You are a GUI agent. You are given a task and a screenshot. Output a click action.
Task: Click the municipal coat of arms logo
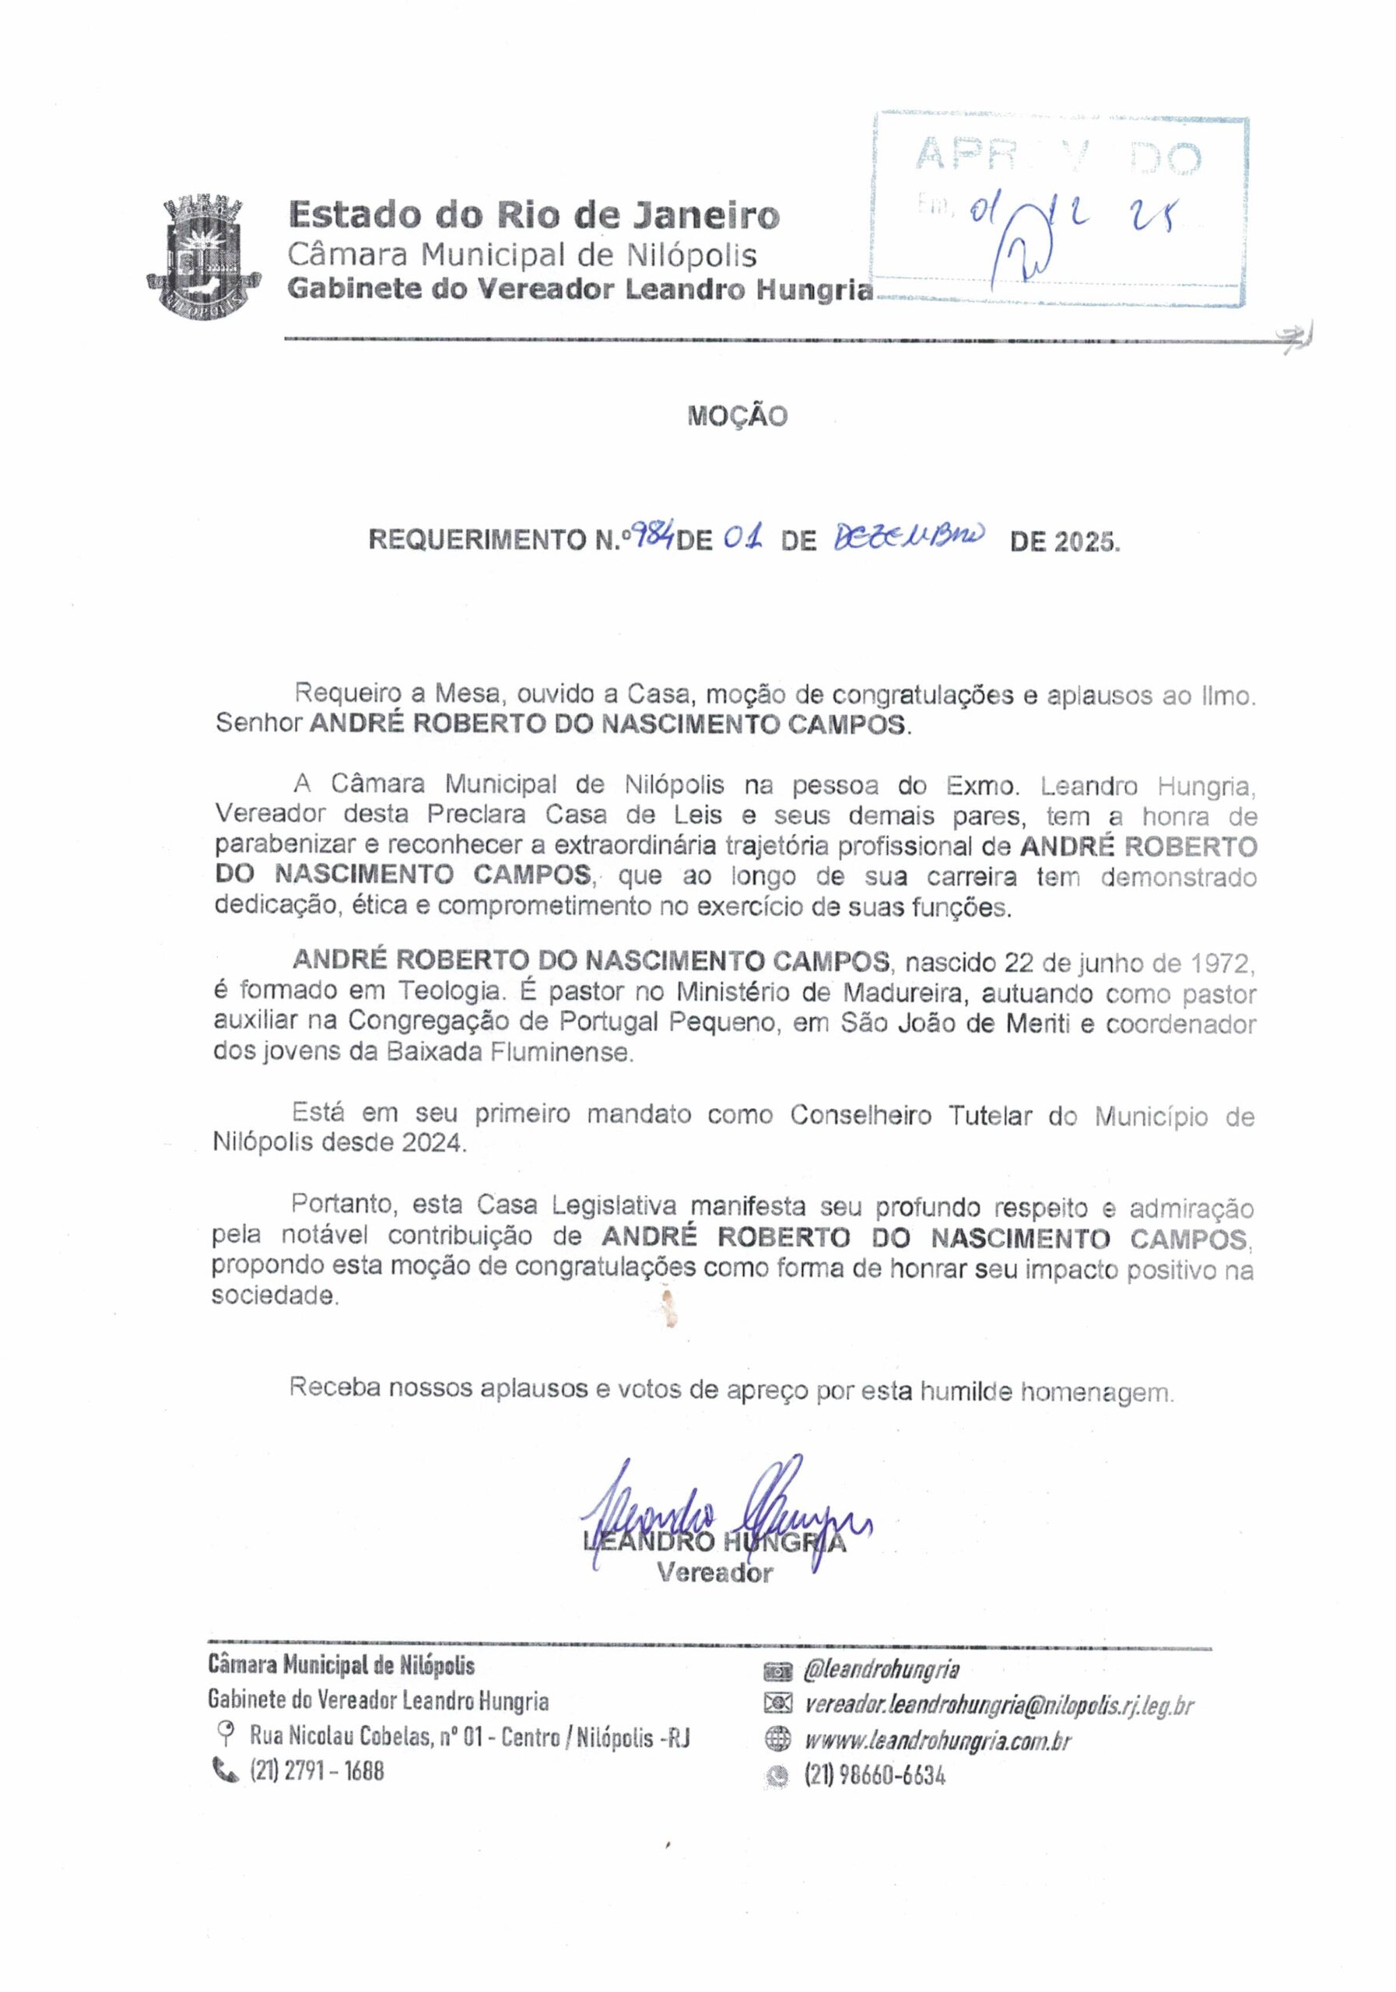point(203,257)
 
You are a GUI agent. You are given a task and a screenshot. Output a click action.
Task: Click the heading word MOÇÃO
point(737,416)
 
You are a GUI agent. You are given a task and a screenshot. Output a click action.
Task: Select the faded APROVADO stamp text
point(1058,157)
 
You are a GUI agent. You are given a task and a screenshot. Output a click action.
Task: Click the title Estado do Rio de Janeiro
point(533,213)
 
